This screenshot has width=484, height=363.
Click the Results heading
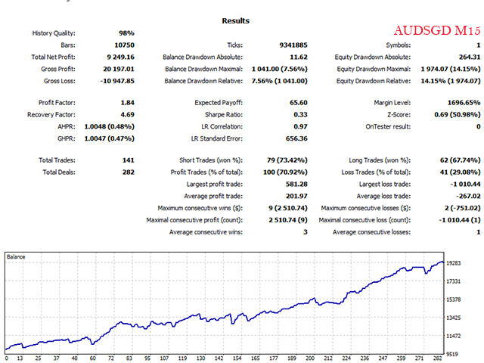[x=236, y=20]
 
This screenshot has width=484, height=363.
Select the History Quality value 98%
[x=126, y=33]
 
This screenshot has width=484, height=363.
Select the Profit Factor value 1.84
[x=126, y=103]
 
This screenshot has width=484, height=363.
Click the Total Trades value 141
[x=127, y=160]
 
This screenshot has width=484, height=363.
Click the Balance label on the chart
[x=16, y=257]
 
